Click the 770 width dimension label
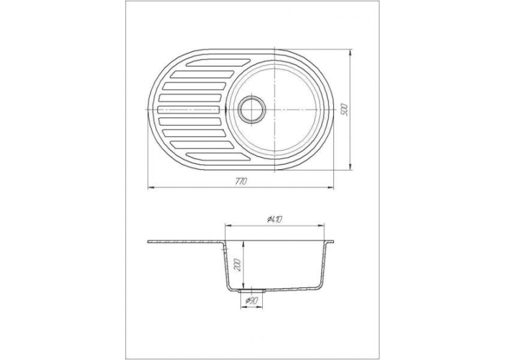coord(240,181)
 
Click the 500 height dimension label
coord(345,110)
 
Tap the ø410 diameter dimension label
coord(275,220)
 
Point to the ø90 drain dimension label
coord(251,301)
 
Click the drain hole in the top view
coord(252,109)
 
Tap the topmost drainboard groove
coord(218,63)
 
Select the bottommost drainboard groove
coord(218,157)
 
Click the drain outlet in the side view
coord(252,291)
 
